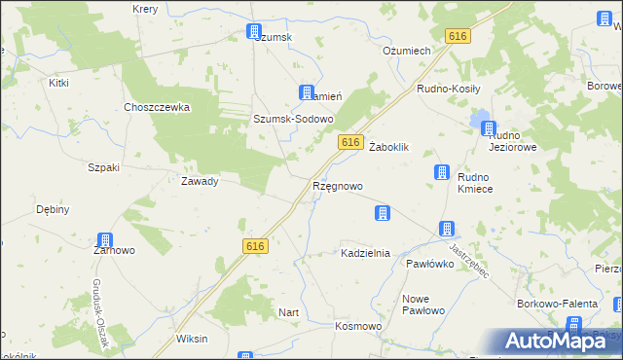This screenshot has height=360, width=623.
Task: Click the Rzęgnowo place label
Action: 337,186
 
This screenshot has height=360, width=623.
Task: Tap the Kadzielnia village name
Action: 365,253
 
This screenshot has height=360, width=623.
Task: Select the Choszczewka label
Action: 156,108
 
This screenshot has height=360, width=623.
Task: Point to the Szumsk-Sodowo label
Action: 293,119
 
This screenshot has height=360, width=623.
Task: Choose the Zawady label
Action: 199,181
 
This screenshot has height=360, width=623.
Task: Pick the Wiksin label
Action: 191,340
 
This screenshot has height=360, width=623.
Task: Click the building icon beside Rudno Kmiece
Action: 440,172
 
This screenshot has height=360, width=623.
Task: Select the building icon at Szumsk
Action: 254,31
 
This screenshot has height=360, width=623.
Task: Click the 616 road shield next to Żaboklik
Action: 352,142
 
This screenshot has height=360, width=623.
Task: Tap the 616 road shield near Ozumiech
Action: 458,35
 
